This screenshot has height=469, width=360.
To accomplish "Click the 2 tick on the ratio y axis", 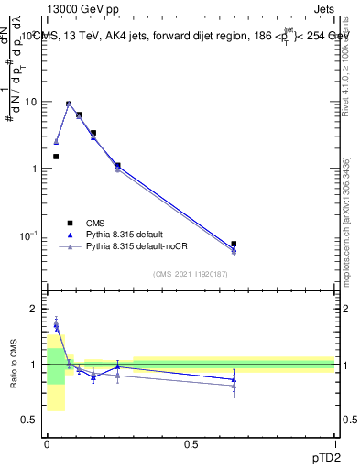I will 34,309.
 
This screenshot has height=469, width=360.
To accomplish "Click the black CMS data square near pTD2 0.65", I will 234,244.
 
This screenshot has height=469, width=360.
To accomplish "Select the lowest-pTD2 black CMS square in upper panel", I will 56,157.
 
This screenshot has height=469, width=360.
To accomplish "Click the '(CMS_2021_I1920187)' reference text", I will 190,274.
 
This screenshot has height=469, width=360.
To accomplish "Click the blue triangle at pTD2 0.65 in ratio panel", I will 234,379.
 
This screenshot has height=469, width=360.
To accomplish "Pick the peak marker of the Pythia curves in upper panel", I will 69,104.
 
